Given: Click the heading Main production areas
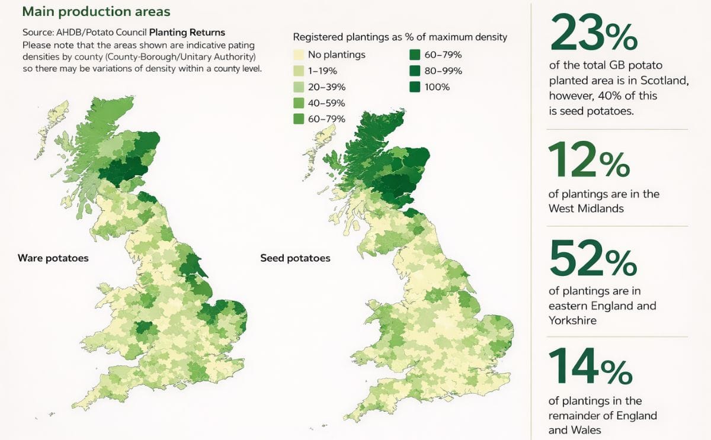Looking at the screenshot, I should point(95,11).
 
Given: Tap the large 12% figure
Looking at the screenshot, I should point(588,160).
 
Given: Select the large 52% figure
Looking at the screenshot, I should point(593,258).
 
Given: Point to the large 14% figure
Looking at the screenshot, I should point(590,367).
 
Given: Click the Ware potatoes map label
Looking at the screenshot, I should point(53,258).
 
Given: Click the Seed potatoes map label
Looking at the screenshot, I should point(295,258).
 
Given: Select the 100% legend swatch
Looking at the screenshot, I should point(414,87).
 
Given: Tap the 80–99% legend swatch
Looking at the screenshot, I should point(414,71).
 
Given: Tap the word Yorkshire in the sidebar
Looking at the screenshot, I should point(572,320).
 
